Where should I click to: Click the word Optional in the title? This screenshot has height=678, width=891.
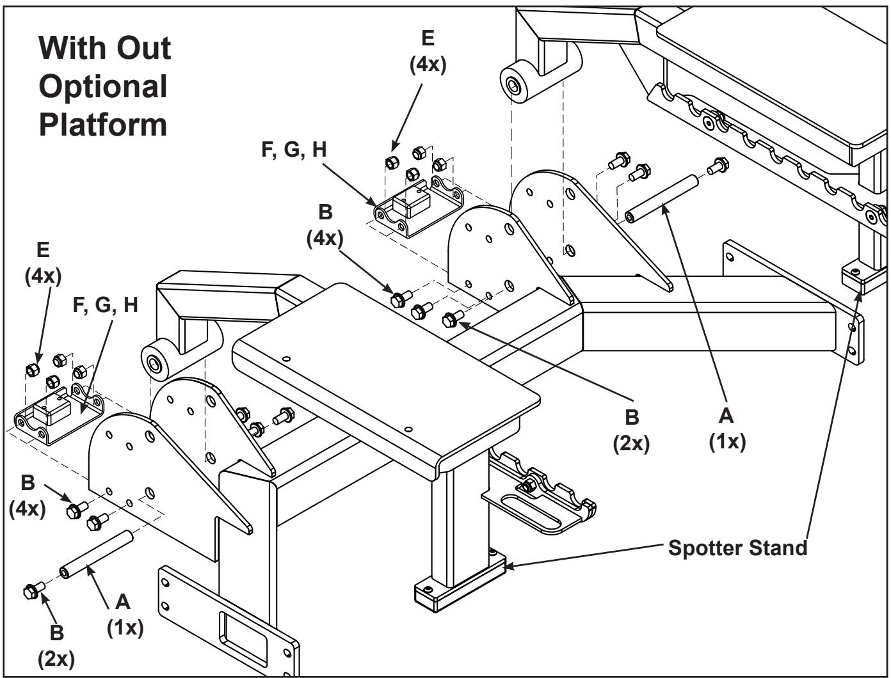tap(103, 86)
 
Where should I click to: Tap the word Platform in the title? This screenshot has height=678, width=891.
tap(103, 123)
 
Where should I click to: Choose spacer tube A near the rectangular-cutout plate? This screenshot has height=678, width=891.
tap(97, 551)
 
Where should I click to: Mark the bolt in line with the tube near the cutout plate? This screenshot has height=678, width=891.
tap(32, 590)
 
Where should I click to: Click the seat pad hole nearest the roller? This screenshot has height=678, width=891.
tap(285, 359)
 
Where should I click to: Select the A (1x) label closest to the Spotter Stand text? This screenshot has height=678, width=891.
tap(726, 429)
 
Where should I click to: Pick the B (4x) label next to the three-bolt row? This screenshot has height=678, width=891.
tap(325, 226)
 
